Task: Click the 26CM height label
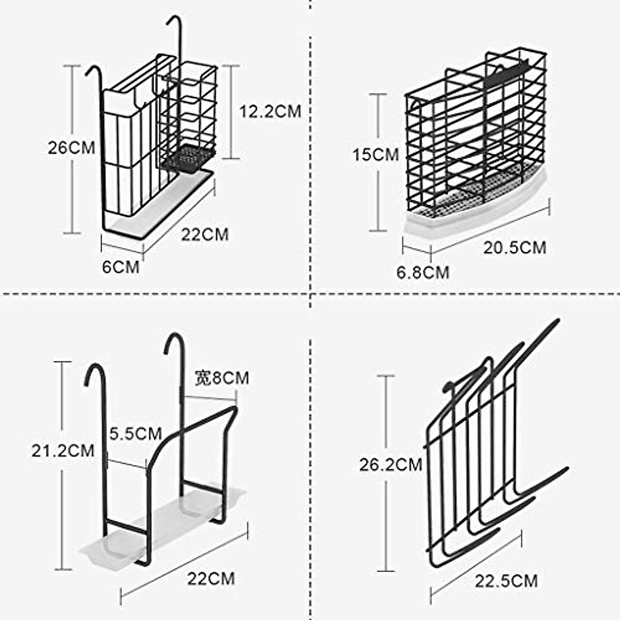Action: coord(71,148)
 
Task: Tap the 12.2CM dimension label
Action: coord(269,111)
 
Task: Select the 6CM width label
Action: coord(120,267)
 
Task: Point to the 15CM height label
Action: coord(376,154)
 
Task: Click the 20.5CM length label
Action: coord(515,247)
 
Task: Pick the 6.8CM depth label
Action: coord(423,272)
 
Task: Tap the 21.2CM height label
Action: coord(63,451)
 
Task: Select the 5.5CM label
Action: coord(135,433)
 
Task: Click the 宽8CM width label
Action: coord(222,378)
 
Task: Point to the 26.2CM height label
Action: coord(391,465)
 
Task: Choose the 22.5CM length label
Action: coord(506,581)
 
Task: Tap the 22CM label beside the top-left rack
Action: coord(205,234)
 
